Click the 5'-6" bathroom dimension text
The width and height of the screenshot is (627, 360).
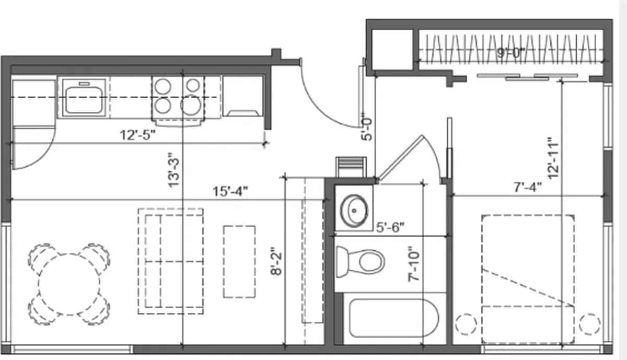pos(390,227)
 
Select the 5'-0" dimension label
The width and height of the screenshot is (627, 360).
pos(367,128)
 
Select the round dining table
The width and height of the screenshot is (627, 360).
pos(69,284)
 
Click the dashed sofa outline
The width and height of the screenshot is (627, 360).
pos(170,261)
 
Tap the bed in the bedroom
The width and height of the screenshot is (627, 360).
pos(527,277)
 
